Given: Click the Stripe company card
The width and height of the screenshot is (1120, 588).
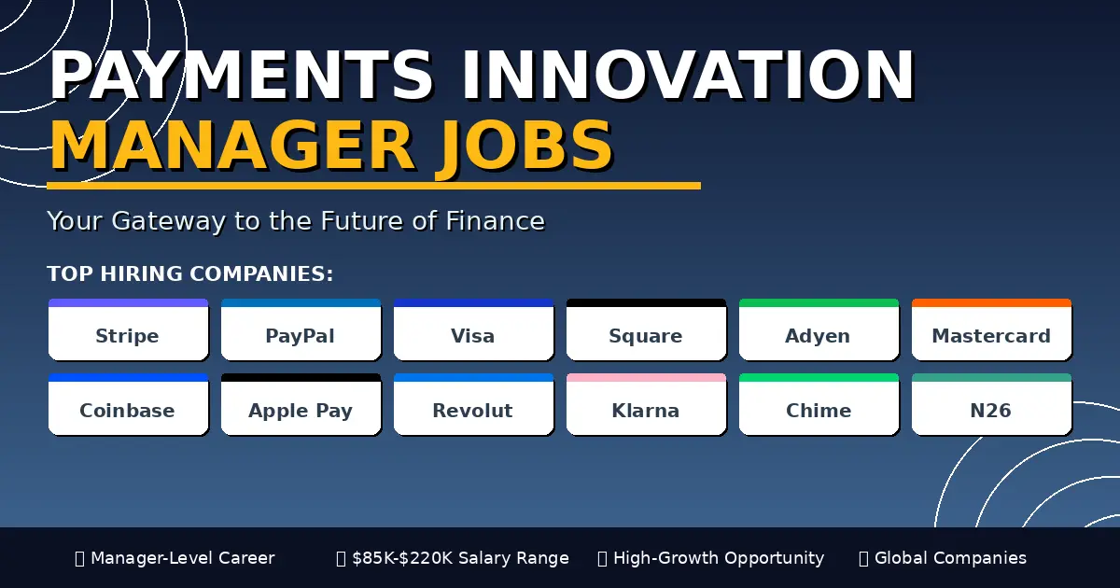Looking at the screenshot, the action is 128,329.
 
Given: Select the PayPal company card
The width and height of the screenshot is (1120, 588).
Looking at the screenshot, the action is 301,329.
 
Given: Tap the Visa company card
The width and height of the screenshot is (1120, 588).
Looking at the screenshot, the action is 473,329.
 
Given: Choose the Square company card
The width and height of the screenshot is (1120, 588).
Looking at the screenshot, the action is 646,329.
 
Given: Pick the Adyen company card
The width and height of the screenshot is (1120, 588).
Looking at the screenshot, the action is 819,329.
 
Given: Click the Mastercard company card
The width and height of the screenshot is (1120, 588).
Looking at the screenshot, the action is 991,329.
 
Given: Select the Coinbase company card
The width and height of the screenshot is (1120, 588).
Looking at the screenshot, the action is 128,404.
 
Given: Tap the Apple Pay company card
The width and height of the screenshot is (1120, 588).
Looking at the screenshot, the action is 301,404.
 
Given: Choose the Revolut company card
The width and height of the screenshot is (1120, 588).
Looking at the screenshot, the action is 473,404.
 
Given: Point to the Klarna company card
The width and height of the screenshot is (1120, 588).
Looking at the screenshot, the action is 646,404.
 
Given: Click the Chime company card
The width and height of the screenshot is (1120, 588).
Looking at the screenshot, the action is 819,404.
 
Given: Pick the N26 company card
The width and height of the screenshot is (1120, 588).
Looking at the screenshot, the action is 991,404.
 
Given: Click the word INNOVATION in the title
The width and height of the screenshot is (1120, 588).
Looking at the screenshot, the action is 688,75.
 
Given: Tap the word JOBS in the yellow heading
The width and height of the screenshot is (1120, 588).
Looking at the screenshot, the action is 525,146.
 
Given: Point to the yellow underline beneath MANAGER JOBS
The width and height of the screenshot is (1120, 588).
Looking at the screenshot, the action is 373,186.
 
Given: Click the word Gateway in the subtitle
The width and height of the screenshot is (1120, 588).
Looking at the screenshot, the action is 169,221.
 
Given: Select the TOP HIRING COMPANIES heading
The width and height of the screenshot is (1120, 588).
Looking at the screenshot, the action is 190,274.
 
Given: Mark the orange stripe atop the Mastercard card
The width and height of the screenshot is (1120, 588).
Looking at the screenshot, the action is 991,302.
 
